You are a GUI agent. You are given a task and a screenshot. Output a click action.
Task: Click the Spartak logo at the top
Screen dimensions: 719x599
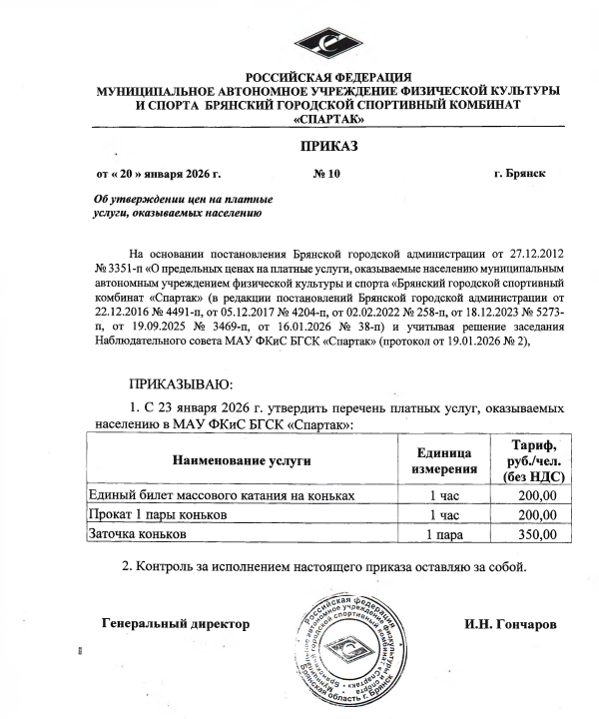pos(340,41)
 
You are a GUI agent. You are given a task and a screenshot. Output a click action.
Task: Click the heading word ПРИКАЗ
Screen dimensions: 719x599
pos(323,148)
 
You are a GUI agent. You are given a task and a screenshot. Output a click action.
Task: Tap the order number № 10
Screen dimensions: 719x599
pos(326,174)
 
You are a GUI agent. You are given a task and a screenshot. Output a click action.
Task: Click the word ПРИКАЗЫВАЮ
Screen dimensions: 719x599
pos(181,384)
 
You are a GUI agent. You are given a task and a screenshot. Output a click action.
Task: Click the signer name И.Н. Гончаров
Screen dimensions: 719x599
pos(507,625)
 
